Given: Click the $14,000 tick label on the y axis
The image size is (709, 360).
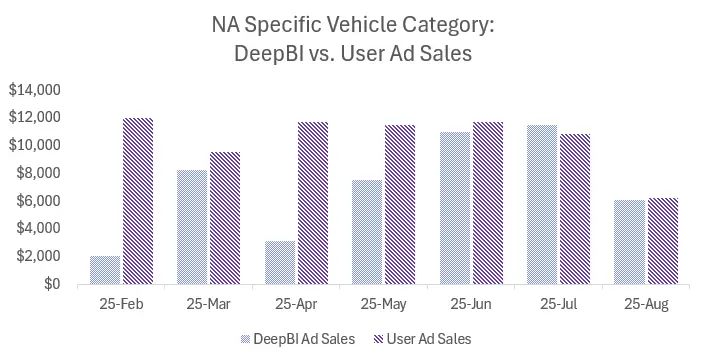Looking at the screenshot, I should coord(34,90).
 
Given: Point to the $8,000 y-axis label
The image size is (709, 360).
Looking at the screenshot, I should coord(38,173).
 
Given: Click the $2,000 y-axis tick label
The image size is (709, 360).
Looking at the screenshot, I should coord(38,256).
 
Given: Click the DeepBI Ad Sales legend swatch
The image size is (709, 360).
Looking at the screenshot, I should coord(247,338).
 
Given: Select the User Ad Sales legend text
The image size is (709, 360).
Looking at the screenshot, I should coord(427,338).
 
